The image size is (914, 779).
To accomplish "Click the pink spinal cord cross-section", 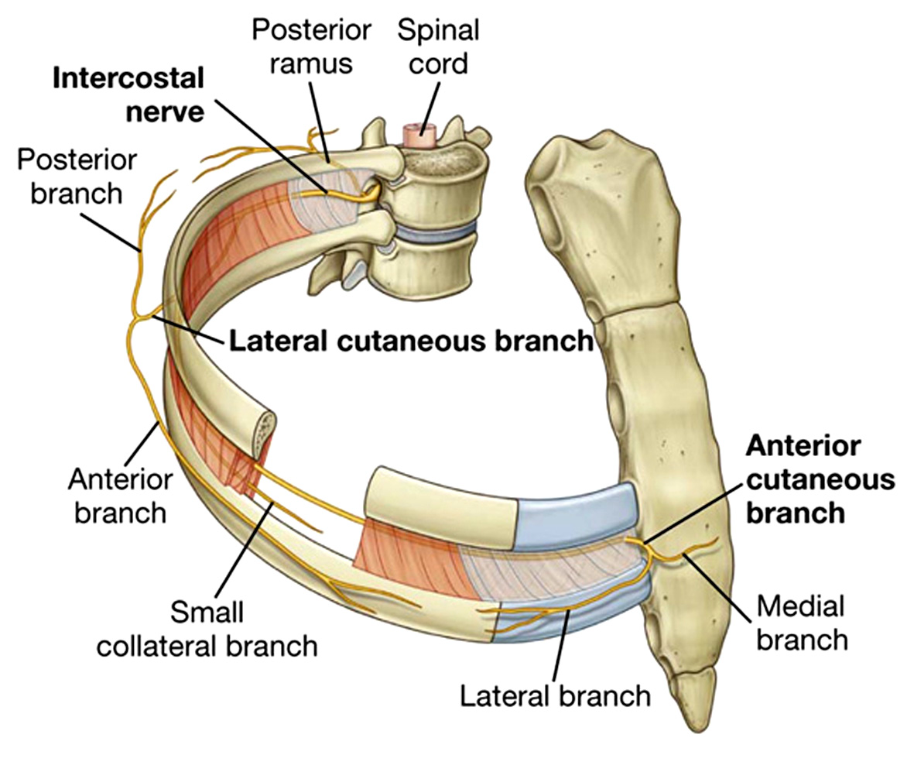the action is click(420, 136).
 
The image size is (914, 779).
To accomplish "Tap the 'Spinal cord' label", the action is click(438, 46).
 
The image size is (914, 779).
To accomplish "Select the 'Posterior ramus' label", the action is click(311, 46).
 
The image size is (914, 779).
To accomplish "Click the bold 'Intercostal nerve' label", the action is click(128, 94).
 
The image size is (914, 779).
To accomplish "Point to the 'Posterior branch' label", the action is click(77, 177).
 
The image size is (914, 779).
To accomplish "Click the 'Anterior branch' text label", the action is click(121, 497).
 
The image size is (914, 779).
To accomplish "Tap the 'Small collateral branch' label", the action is click(207, 629).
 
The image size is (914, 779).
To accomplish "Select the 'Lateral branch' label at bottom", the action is click(555, 695).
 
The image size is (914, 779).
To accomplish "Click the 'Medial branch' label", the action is click(802, 623).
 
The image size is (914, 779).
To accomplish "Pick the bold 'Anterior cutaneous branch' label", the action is click(820, 480).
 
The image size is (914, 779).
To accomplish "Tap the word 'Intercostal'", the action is click(128, 79).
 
